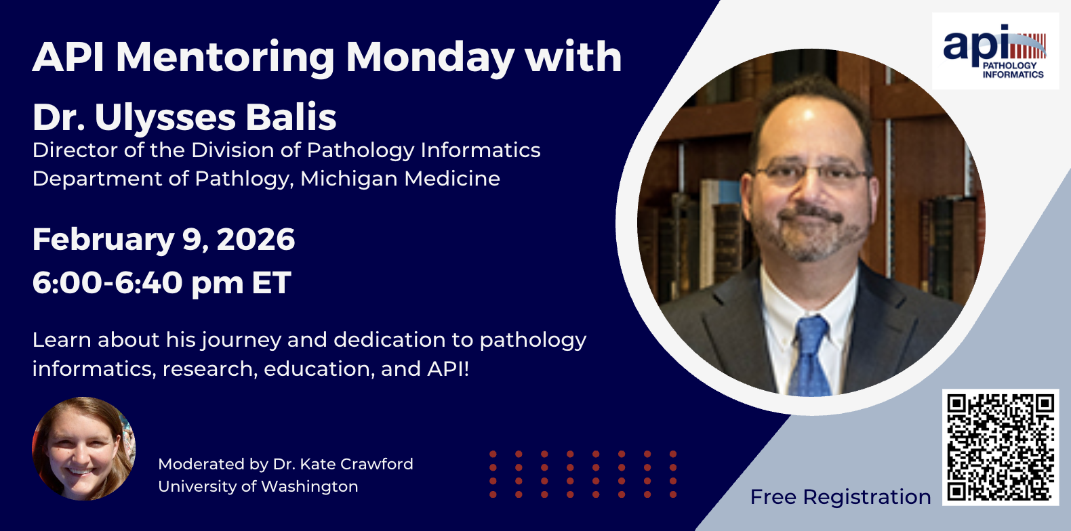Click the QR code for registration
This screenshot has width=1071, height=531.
(1001, 448)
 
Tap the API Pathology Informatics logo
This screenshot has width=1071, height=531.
(995, 51)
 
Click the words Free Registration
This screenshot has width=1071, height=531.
(841, 497)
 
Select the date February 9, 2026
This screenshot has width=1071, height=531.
(163, 240)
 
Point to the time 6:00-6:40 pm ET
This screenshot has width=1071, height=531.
(161, 283)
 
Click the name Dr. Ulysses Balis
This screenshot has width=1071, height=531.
(184, 116)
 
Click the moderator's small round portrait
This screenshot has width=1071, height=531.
(83, 449)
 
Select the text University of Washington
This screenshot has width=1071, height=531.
(258, 486)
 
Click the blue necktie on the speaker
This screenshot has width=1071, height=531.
(809, 356)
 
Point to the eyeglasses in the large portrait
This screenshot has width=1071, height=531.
(811, 173)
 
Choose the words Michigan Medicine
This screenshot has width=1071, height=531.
(400, 179)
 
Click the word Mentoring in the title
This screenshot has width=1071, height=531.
(225, 58)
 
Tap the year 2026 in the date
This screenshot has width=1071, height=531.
(256, 240)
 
